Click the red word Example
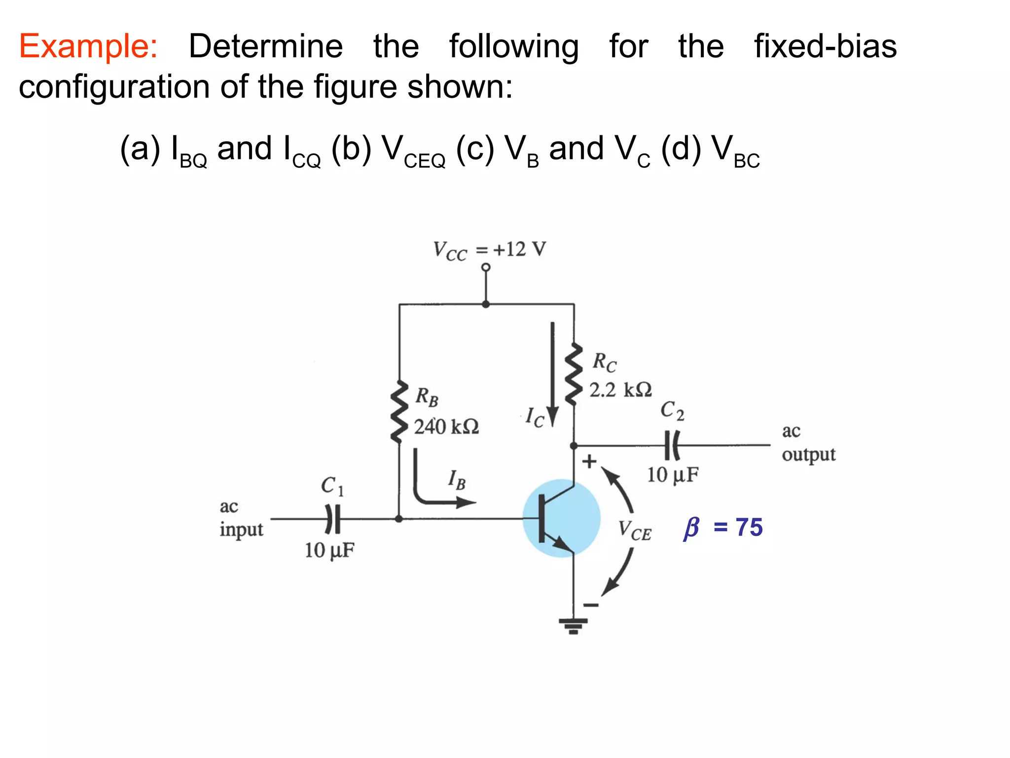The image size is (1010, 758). [x=88, y=47]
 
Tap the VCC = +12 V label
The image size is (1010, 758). [x=489, y=250]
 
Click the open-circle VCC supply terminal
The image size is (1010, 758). [x=486, y=267]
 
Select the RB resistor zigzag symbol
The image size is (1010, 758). [x=399, y=412]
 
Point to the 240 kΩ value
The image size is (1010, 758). [x=446, y=427]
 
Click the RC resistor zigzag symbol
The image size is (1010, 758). [x=574, y=374]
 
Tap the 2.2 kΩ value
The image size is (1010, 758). [x=620, y=390]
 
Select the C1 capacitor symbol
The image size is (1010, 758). [x=333, y=519]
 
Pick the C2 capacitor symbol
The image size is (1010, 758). [x=672, y=445]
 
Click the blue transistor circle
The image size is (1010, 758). [x=561, y=518]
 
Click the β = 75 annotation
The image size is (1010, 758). [x=723, y=528]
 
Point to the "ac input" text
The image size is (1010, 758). [x=241, y=518]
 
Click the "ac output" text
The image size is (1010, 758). [x=808, y=443]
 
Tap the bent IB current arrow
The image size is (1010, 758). [x=434, y=489]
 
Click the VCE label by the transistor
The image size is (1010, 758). [x=635, y=531]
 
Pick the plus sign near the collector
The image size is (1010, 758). [x=589, y=462]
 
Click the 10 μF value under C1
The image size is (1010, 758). [x=329, y=550]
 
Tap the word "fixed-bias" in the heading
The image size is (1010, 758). [x=825, y=47]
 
